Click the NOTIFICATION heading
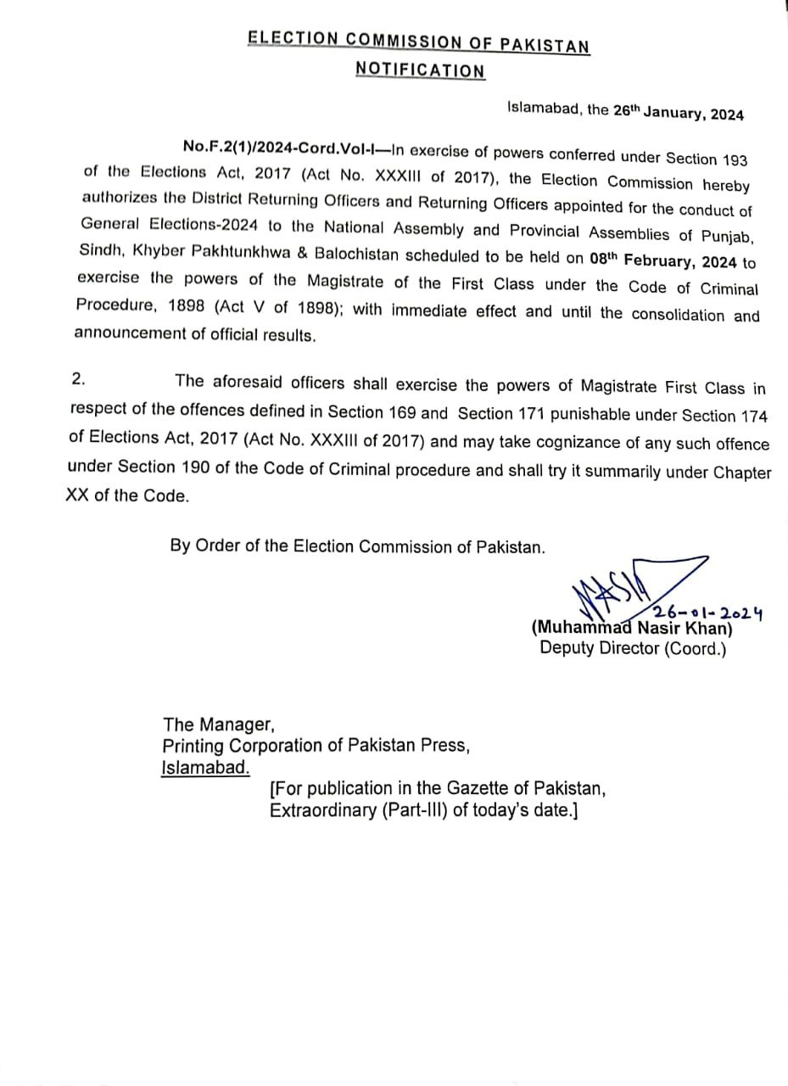[421, 70]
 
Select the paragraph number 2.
[78, 379]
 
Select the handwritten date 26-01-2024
[707, 612]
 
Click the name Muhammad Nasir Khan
[632, 629]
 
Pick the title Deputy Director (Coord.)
[633, 649]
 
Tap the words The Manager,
[219, 724]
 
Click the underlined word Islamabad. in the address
[206, 768]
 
